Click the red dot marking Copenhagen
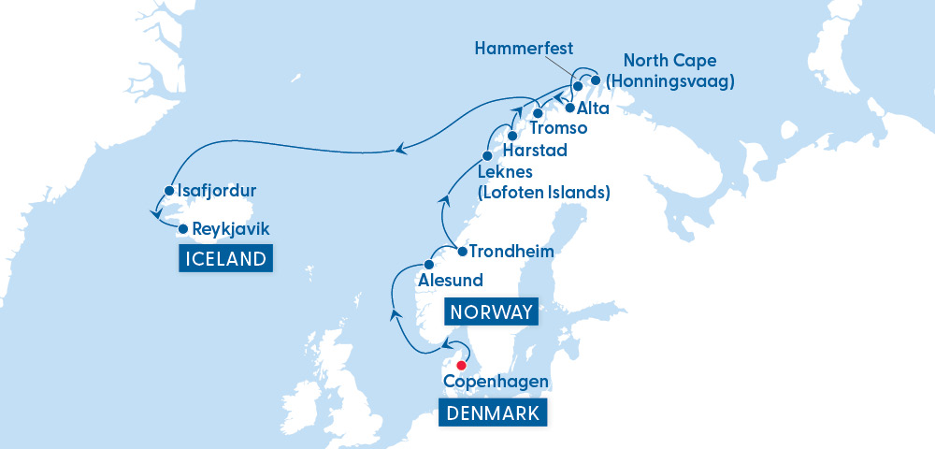coord(460,365)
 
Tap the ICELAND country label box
coord(225,259)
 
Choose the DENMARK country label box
coord(493,413)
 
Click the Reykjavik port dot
coord(183,227)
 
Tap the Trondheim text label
coord(511,252)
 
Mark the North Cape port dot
coord(596,80)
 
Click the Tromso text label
coord(559,128)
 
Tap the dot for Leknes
coord(487,155)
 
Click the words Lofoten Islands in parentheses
coord(543,194)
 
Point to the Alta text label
coord(594,109)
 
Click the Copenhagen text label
coord(496,382)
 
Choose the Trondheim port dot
coord(462,252)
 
